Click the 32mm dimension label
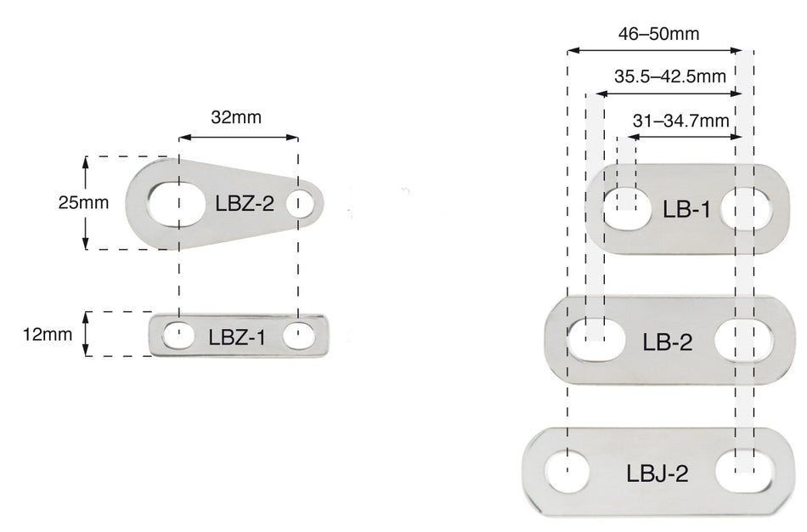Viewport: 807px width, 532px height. click(x=235, y=118)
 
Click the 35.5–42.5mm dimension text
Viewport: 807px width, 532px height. click(x=669, y=76)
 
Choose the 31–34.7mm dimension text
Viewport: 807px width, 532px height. click(x=680, y=120)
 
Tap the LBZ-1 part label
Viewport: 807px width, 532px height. click(x=237, y=337)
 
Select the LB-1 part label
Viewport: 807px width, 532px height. click(x=686, y=209)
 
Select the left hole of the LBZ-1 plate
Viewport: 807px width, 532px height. click(x=178, y=336)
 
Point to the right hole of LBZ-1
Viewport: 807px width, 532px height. click(x=298, y=336)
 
